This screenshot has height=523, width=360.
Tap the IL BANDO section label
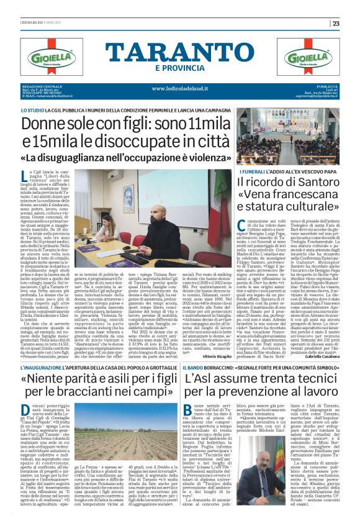(192, 368)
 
